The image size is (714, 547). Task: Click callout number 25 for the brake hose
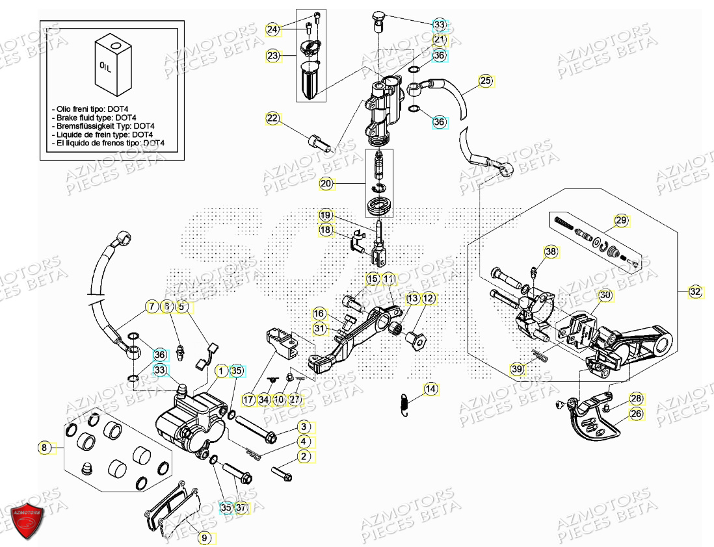point(485,81)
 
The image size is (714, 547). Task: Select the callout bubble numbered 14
point(430,389)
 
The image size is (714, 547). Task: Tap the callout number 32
point(696,292)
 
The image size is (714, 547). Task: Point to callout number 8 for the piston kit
point(44,447)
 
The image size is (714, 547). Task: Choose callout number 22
point(272,118)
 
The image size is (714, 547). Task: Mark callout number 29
point(621,221)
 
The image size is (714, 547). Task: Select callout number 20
point(326,184)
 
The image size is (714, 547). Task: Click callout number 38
point(551,252)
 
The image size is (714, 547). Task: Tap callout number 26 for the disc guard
point(635,413)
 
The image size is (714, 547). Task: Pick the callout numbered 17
point(248,399)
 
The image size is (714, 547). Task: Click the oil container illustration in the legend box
point(112,65)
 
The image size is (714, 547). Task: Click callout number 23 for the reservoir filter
point(272,56)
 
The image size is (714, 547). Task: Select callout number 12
point(428,298)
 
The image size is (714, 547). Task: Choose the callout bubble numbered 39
point(517,369)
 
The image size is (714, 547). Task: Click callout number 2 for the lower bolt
point(303,457)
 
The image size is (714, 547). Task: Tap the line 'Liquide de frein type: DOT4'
point(103,134)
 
